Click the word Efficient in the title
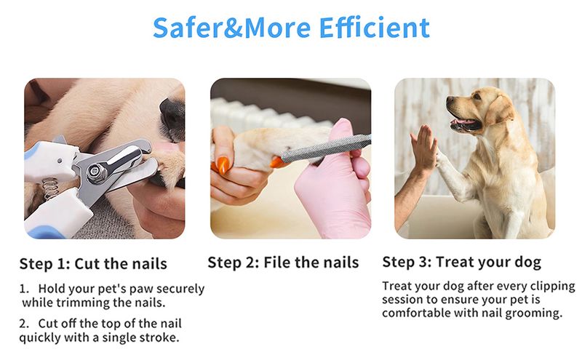(374, 28)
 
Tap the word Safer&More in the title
(231, 28)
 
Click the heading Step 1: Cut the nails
(93, 264)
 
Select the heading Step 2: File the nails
(283, 263)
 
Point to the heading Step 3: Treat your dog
(462, 263)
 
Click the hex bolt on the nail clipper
(96, 172)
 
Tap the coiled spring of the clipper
(51, 188)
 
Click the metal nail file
(326, 148)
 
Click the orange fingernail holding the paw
(223, 166)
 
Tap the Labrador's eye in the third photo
(476, 97)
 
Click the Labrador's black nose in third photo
(450, 100)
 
